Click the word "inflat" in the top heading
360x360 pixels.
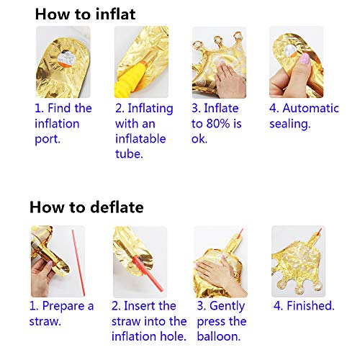[115, 14]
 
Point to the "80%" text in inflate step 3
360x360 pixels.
[218, 124]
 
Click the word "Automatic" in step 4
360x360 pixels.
[310, 108]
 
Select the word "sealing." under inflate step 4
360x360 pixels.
[290, 125]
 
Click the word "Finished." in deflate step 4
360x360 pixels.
[310, 306]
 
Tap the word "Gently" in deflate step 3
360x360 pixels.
[227, 307]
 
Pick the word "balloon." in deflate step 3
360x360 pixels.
[219, 336]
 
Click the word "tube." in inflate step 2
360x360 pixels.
[129, 154]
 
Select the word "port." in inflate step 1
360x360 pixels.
[48, 139]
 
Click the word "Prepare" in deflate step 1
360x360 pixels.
[63, 307]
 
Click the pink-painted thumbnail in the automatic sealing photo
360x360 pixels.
[305, 58]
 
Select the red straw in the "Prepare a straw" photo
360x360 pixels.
[78, 263]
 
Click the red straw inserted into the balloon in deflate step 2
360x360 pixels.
[148, 274]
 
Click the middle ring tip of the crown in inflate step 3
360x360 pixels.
[218, 41]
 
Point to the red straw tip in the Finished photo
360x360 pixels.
[319, 232]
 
